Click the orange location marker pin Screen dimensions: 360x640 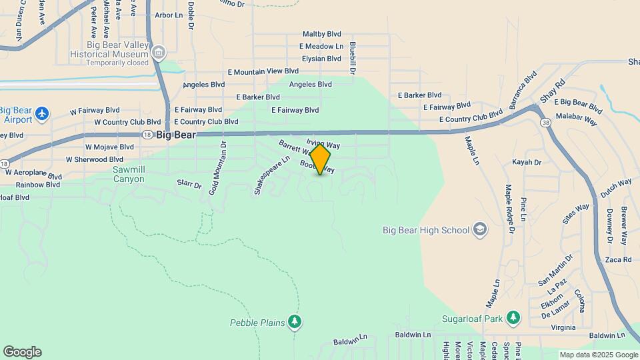coord(320,160)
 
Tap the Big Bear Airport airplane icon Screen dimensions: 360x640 coord(43,113)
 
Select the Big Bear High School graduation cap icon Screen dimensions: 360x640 coord(479,230)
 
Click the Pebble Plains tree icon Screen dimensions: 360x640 coord(295,322)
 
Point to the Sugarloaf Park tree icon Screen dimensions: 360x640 coord(513,318)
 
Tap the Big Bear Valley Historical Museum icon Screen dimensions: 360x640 coord(159,53)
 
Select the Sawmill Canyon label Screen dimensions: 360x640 coord(129,174)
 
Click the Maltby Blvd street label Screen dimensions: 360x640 coord(321,34)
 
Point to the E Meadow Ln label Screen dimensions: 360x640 coord(321,46)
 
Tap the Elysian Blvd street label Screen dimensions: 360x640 coord(321,59)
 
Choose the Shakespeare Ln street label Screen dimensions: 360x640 coord(271,175)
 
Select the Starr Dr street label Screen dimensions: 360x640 coord(189,183)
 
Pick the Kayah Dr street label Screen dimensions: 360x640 coord(526,162)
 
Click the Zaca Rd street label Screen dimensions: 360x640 coord(618,260)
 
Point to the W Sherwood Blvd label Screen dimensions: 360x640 coord(95,159)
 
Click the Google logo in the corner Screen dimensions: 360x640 coord(22,352)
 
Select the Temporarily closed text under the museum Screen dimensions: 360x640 coord(117,63)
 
